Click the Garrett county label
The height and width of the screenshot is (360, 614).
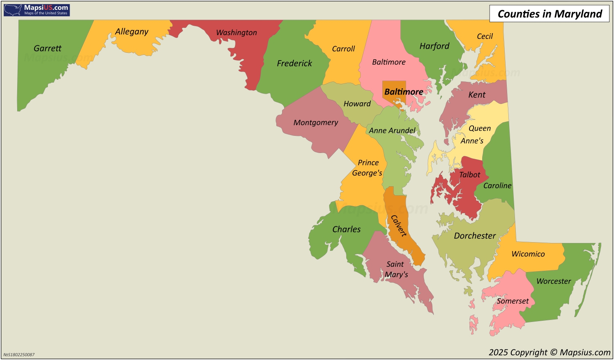click(47, 48)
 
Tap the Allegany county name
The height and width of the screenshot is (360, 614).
click(131, 32)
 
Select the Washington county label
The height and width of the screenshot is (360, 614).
click(236, 33)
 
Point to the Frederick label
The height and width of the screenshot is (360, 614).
click(294, 63)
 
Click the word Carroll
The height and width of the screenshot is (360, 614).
click(343, 49)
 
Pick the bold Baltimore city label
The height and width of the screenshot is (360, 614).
click(403, 92)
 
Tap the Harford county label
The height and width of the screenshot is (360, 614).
click(434, 46)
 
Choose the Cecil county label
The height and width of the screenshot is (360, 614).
click(485, 36)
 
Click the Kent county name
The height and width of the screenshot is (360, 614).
click(477, 95)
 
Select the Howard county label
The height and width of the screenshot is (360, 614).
click(357, 104)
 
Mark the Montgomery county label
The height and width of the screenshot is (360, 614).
click(316, 123)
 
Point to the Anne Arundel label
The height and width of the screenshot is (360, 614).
click(392, 130)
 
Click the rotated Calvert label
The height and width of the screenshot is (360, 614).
click(399, 226)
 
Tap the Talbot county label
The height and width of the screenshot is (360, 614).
click(470, 175)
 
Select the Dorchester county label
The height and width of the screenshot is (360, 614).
click(474, 236)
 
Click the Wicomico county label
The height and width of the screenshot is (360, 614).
click(528, 254)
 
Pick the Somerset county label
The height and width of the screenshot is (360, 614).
click(512, 301)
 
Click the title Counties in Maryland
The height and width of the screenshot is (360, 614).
click(549, 14)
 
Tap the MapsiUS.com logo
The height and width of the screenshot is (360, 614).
click(37, 10)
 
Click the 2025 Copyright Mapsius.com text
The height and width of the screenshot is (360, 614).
click(549, 352)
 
